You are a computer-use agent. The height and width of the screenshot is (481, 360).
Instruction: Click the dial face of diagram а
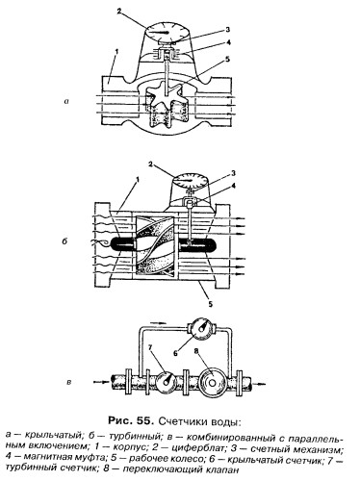click(167, 32)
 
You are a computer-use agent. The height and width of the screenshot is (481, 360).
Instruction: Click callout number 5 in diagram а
click(227, 60)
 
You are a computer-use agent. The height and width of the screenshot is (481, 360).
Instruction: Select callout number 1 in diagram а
click(116, 51)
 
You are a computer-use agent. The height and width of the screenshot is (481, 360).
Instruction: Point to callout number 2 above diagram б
click(150, 165)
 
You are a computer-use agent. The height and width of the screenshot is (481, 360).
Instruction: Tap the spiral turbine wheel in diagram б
click(155, 245)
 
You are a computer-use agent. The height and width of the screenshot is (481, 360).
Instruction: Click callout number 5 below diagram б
click(210, 303)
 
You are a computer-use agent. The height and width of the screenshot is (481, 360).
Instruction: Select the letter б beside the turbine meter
click(65, 240)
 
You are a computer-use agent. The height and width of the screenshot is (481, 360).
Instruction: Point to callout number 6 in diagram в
click(175, 353)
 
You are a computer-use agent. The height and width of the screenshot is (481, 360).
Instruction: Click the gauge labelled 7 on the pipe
click(166, 382)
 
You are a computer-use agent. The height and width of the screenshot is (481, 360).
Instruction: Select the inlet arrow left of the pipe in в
click(100, 382)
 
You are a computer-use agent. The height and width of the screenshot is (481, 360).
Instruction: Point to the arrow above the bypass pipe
click(158, 321)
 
